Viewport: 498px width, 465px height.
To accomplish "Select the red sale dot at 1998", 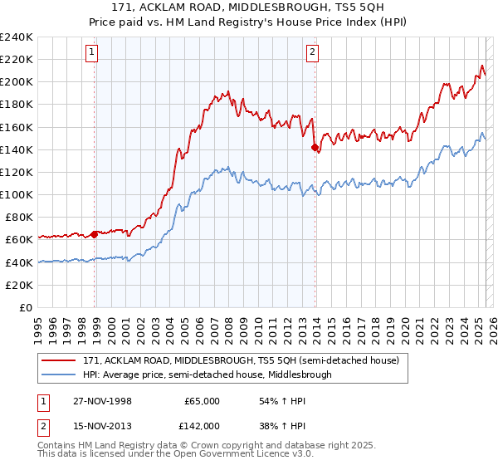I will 95,233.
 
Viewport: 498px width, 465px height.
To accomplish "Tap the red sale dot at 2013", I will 315,148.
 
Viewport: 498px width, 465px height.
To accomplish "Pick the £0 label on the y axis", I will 25,307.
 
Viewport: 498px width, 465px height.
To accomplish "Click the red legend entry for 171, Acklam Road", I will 241,360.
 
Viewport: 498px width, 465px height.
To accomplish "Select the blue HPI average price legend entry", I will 207,374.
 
